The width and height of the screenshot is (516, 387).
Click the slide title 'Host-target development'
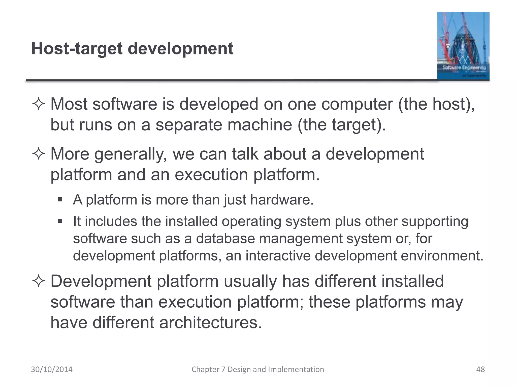[132, 49]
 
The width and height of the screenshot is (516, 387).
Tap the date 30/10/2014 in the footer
[52, 369]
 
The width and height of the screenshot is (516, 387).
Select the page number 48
[480, 369]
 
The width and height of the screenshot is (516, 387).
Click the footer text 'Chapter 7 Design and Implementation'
[258, 369]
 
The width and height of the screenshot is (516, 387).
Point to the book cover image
[463, 46]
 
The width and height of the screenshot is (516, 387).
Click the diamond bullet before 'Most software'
[39, 104]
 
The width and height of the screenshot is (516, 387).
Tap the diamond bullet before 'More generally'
[39, 154]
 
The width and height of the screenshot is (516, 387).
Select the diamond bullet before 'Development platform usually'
[39, 281]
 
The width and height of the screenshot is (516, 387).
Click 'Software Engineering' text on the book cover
[464, 68]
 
